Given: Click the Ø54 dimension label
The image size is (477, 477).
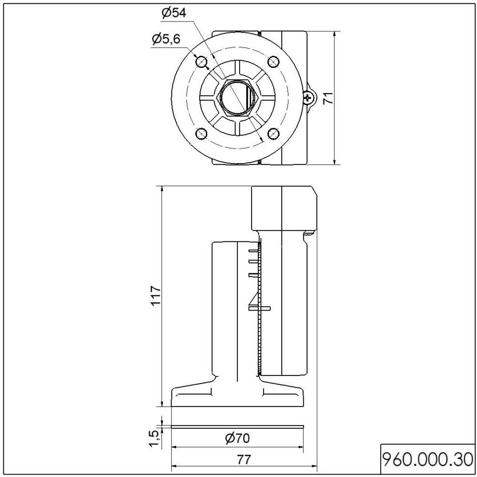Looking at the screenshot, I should (x=173, y=13).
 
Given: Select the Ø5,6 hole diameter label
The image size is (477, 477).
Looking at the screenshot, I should (x=166, y=39).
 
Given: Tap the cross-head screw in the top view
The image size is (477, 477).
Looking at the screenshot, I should (x=309, y=98).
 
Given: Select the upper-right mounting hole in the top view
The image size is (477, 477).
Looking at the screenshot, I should (x=274, y=62).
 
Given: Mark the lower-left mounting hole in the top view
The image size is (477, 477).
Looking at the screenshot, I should (x=201, y=134).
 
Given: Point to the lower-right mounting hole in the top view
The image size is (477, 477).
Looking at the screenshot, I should (x=274, y=134).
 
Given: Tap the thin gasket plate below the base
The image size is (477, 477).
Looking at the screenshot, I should (x=237, y=425).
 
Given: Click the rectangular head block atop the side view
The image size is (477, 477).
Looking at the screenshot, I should (x=284, y=208).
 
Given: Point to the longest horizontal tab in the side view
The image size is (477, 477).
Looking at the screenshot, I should (x=260, y=309).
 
